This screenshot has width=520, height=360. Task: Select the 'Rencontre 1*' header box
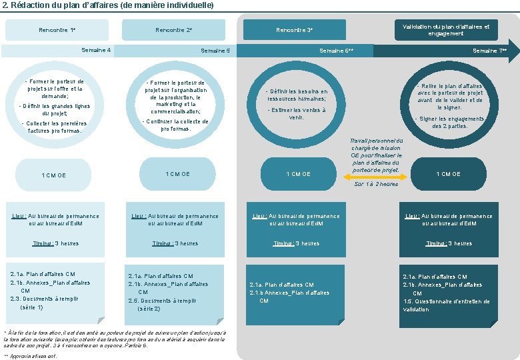tap(57, 30)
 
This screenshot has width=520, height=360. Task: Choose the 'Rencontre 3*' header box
tap(294, 30)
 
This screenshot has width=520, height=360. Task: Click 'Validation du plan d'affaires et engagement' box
tap(446, 30)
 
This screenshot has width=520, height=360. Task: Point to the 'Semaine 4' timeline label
tap(96, 50)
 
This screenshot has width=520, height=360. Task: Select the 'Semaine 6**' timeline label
tap(337, 51)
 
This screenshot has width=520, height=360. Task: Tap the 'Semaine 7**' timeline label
tap(489, 51)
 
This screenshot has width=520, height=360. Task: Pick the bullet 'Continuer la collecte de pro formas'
tap(176, 125)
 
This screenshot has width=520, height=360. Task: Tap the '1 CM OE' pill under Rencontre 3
tap(298, 174)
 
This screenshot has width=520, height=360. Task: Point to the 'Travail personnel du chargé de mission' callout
tap(377, 155)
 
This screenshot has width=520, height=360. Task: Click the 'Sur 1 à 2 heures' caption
tap(377, 185)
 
